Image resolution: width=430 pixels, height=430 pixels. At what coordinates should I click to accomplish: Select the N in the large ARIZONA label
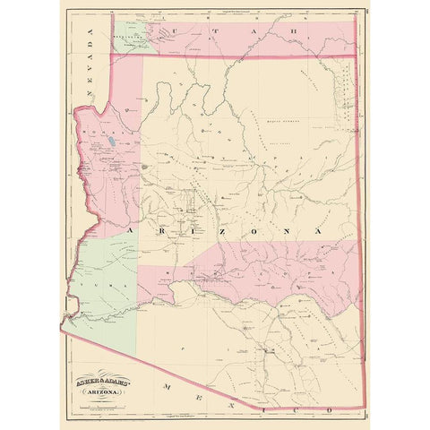[288, 231]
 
